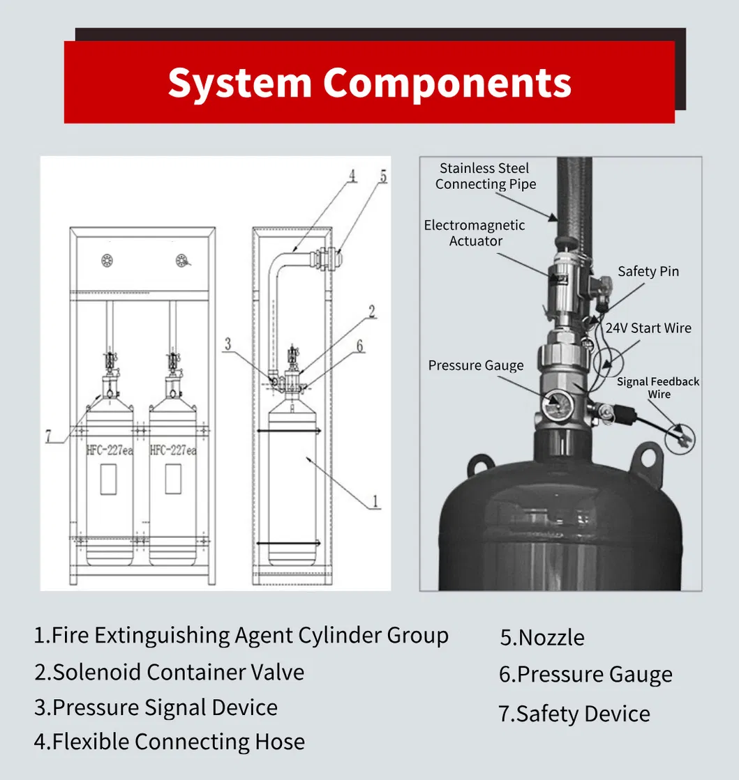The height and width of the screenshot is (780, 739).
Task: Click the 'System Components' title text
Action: [369, 82]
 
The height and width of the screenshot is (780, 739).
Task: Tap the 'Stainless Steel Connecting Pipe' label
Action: [486, 176]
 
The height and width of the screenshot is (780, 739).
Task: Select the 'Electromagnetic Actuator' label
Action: [475, 233]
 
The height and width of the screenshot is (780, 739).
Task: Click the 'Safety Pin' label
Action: [648, 271]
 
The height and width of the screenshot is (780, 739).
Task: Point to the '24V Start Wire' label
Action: [648, 328]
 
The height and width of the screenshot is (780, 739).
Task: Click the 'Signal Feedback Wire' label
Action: [658, 388]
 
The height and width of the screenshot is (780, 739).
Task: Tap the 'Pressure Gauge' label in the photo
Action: [475, 365]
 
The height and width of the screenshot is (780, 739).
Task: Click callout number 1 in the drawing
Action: [374, 500]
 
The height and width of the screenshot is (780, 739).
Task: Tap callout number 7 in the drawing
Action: [48, 436]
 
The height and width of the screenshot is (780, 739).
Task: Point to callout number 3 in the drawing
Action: [227, 342]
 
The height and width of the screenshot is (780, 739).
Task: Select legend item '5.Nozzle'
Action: [542, 637]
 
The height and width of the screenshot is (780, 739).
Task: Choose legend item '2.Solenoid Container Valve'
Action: [170, 672]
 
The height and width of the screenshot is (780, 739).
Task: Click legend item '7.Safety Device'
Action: [574, 714]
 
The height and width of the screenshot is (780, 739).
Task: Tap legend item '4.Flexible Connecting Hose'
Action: [170, 742]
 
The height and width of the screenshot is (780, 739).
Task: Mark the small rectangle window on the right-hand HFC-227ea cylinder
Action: [172, 480]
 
